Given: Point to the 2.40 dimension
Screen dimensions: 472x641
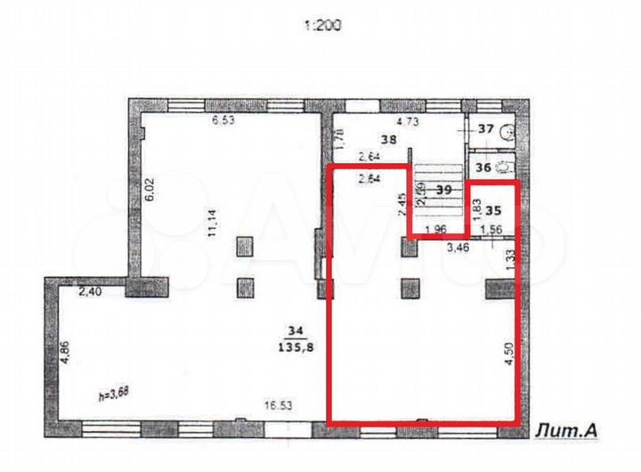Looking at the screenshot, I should pyautogui.click(x=89, y=290).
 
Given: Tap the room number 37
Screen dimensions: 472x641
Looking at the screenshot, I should pyautogui.click(x=486, y=129).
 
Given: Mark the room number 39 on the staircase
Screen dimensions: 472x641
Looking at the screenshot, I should pyautogui.click(x=444, y=191).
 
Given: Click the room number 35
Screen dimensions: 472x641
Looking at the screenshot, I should pyautogui.click(x=496, y=212).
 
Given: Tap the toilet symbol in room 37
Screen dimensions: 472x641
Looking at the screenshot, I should pyautogui.click(x=508, y=131).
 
